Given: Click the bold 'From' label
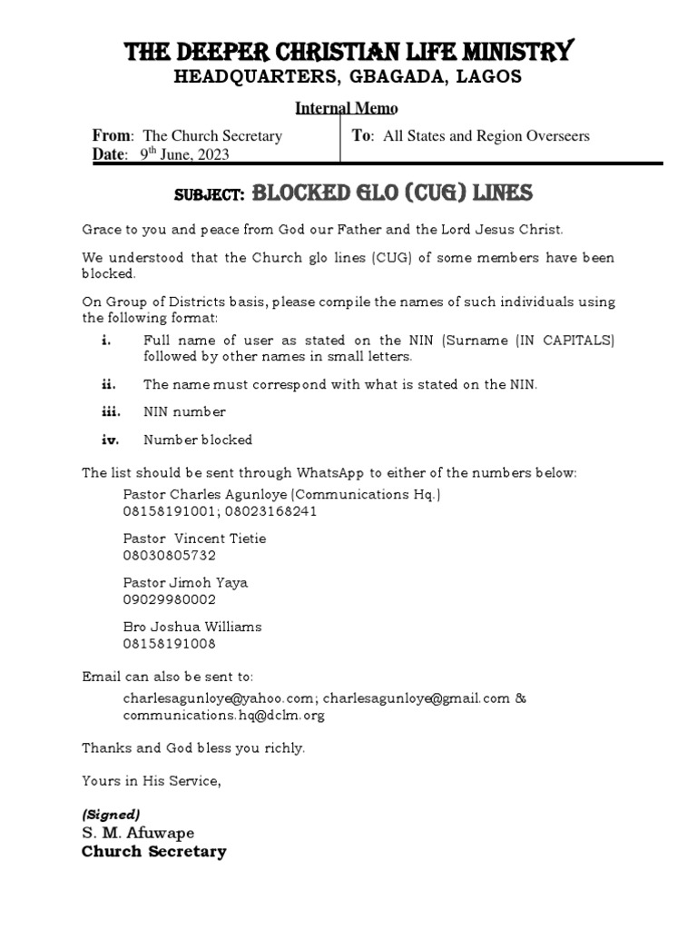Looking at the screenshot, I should point(113,136).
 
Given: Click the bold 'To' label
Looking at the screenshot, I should point(362,136).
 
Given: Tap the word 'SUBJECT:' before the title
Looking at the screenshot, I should point(209,195).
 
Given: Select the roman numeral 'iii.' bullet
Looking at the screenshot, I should point(112,412).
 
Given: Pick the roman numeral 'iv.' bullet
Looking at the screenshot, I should point(111,440).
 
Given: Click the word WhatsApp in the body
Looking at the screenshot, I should point(355,473).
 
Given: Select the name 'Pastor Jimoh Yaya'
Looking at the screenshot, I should point(185,582).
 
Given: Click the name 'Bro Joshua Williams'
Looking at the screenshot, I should point(192,627).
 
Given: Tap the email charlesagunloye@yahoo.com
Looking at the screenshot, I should point(218,698).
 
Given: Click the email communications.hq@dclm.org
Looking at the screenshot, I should point(223,716).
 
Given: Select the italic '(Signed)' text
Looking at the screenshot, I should point(111,814).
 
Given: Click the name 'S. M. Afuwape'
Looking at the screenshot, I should point(138,833).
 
